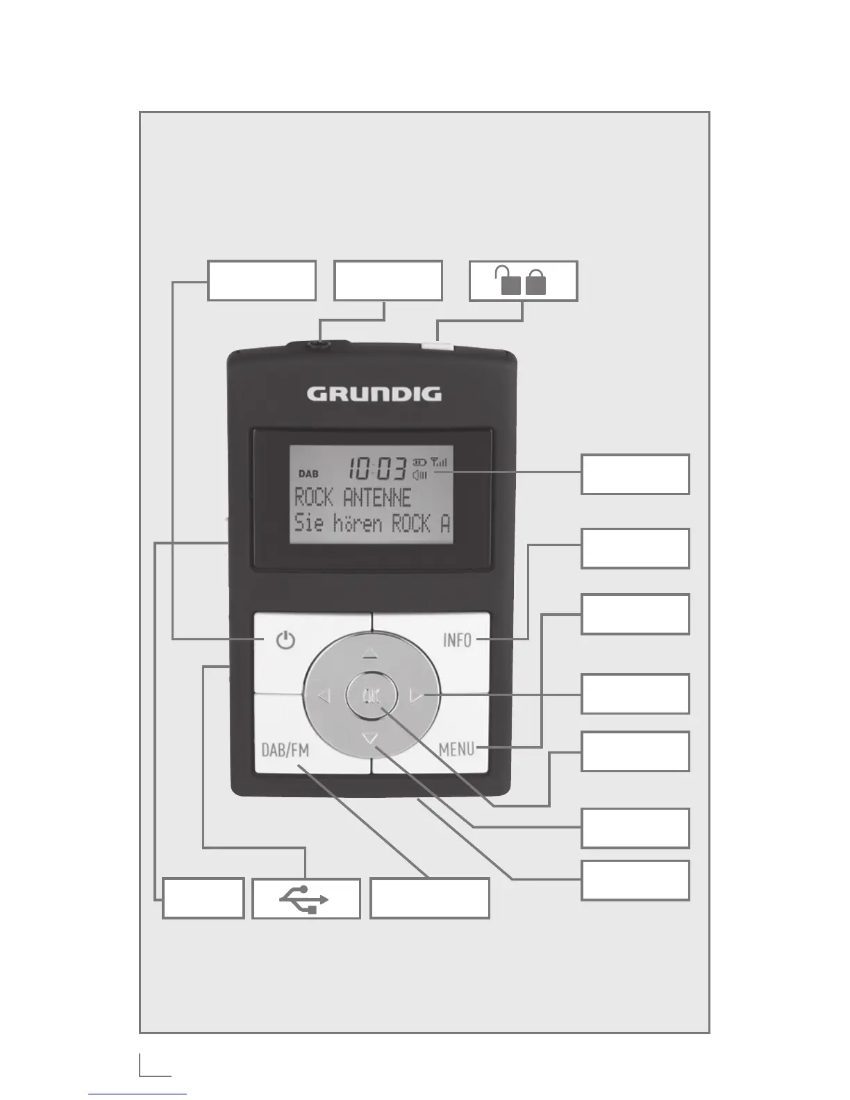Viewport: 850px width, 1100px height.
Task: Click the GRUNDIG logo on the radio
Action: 374,394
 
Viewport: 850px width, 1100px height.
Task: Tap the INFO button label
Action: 457,640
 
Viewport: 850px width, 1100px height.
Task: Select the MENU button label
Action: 456,749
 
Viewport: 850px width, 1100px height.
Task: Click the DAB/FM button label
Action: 285,750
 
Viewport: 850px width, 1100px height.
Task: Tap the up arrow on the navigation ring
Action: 370,653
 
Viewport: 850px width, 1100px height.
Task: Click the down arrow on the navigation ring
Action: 370,739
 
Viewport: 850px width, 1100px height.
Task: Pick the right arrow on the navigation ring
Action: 416,695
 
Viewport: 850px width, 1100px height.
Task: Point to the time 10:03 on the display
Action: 377,469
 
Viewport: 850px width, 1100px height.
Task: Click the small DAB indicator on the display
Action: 308,474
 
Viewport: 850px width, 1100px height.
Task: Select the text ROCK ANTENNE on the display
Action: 353,497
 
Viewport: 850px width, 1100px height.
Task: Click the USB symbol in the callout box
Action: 306,899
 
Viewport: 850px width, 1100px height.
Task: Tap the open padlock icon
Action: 509,282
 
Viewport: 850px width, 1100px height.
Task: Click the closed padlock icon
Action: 536,283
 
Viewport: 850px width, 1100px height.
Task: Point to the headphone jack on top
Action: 320,341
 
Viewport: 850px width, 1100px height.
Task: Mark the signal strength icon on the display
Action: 440,462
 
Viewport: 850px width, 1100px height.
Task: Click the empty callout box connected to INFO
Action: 635,549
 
